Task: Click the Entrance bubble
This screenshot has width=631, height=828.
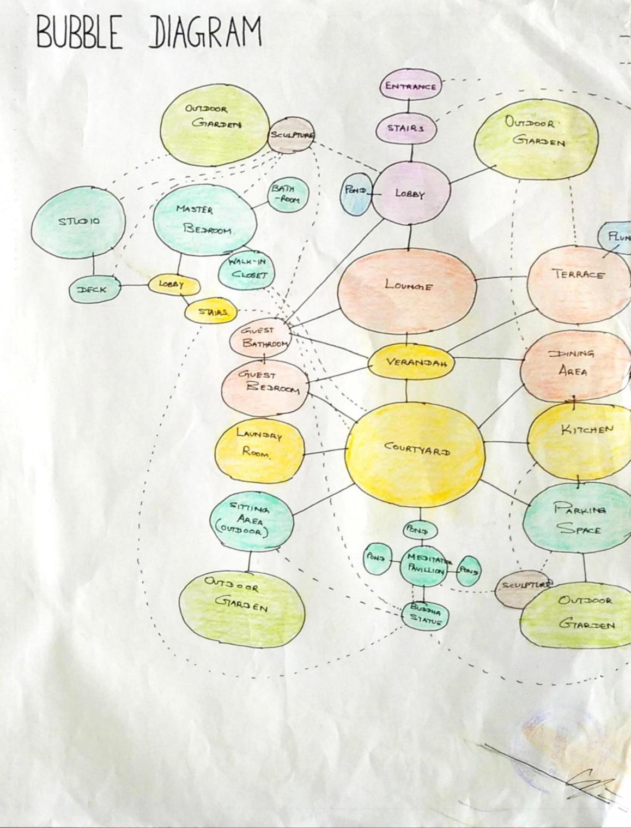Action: [x=410, y=86]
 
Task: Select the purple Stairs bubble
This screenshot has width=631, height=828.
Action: [x=406, y=128]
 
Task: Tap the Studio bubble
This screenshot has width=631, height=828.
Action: [x=78, y=221]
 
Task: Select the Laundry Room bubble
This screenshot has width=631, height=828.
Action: [x=259, y=444]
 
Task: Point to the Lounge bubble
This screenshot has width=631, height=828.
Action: [x=407, y=285]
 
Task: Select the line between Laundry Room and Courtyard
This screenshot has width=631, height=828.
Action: [x=325, y=452]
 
